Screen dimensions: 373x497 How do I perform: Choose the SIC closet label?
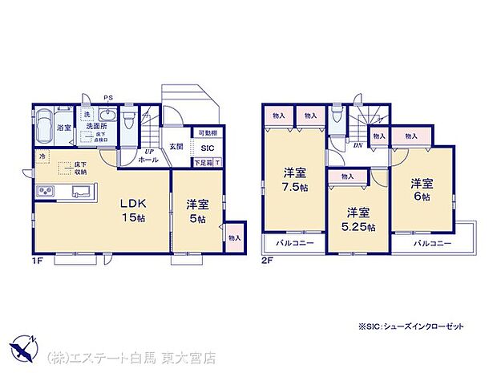[207, 148]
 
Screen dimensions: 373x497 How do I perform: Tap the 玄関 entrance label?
[176, 147]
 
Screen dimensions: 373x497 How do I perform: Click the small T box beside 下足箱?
[219, 163]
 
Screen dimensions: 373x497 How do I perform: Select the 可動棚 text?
[207, 133]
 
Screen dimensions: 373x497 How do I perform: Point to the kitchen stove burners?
[45, 192]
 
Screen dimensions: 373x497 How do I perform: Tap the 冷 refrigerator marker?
[40, 156]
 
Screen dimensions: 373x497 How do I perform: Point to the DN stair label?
[358, 145]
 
